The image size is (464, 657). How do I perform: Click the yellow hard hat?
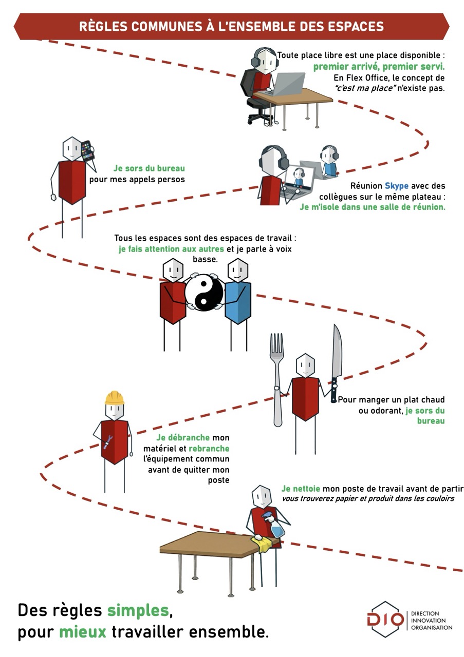[114, 398]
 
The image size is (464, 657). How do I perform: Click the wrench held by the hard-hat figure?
[108, 441]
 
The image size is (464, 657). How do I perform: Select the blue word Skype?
[396, 186]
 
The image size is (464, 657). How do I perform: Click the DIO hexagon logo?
[385, 620]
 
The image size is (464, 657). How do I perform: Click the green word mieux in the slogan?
[82, 631]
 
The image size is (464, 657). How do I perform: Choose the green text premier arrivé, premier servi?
[379, 67]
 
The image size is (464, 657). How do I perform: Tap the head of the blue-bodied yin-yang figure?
[237, 269]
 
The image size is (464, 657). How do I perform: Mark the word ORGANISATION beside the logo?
[432, 627]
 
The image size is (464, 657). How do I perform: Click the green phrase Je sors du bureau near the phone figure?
[149, 168]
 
